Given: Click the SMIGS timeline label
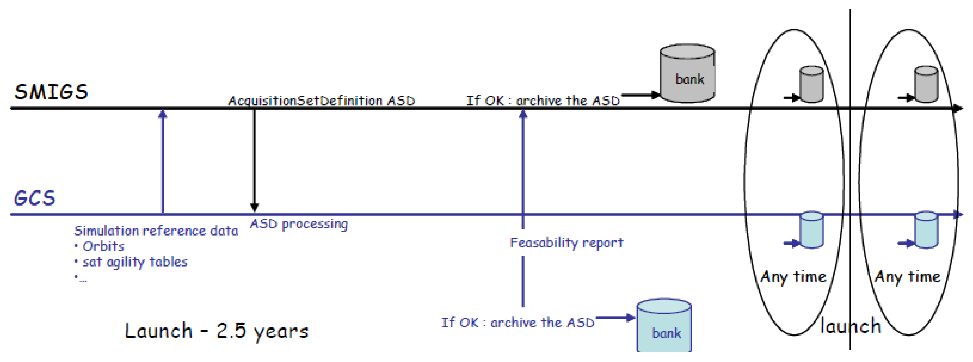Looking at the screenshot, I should point(51,92).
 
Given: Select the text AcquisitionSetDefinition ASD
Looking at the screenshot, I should point(322,100).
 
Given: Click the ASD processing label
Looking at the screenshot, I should point(298,224).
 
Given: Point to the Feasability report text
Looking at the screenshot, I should point(566,242).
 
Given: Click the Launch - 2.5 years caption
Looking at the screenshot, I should point(216,331).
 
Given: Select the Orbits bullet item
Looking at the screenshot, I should point(103,246).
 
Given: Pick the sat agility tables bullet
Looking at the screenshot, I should point(134,262).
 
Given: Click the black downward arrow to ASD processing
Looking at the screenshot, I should point(254,159).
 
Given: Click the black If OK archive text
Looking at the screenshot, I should point(543,100).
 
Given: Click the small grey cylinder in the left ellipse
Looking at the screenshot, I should point(811,84).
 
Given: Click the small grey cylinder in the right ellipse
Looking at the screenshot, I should point(925,84).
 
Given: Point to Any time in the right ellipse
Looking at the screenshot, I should point(907,277).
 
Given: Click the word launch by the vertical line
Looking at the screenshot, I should point(850,326).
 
